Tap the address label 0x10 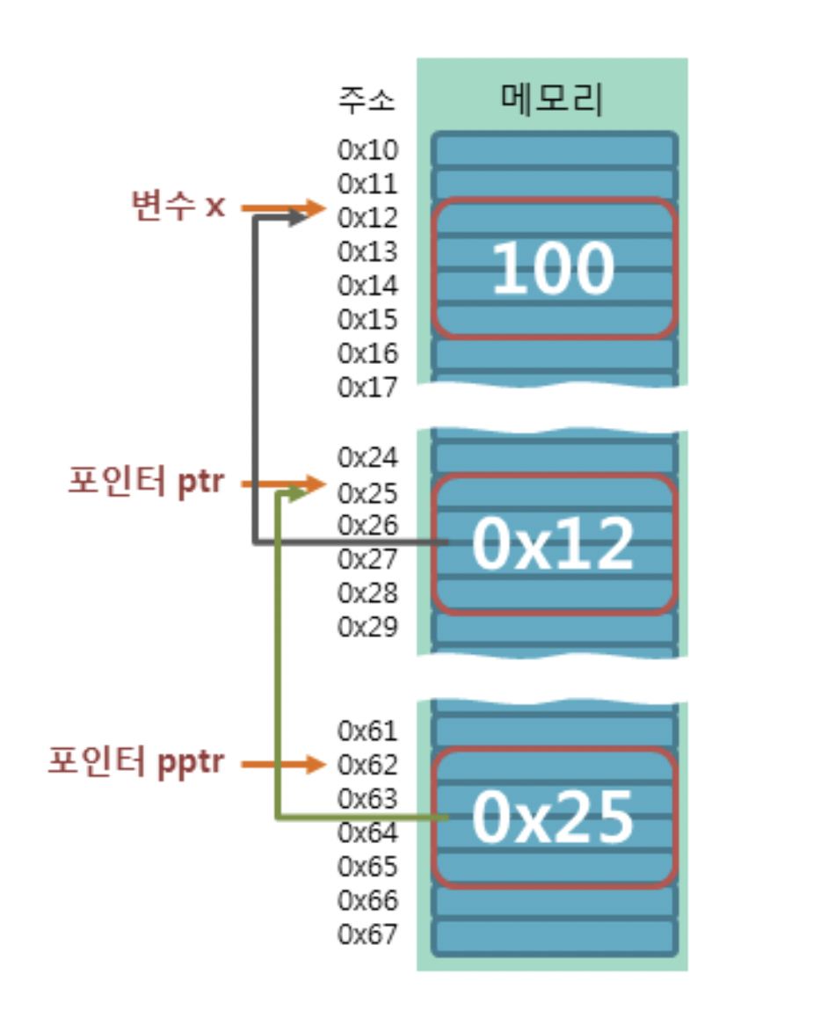[367, 150]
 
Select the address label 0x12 [367, 218]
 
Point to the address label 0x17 [367, 387]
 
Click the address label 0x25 [367, 491]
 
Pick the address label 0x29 [367, 627]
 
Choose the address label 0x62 [367, 765]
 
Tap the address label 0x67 [367, 934]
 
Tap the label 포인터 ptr [146, 483]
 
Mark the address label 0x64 [367, 832]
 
